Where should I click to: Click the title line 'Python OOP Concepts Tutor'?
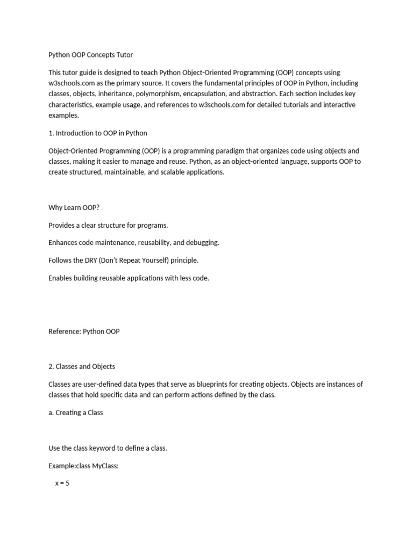[90, 55]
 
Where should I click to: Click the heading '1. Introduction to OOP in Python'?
[97, 133]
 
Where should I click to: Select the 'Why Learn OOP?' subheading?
[74, 208]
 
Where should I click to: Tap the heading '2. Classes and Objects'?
[82, 366]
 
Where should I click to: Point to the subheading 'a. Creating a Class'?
[75, 412]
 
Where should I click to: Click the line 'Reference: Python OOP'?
[84, 331]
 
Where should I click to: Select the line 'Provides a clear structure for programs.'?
[108, 225]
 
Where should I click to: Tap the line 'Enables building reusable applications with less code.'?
[129, 278]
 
